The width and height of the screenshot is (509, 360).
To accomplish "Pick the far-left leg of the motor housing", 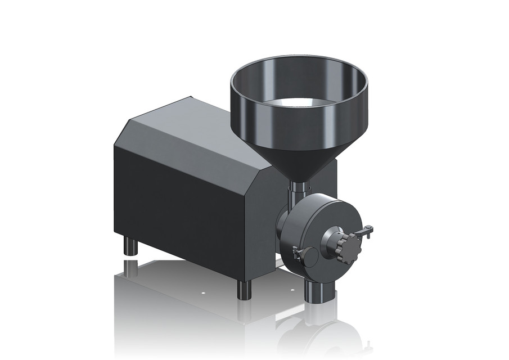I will (130, 246).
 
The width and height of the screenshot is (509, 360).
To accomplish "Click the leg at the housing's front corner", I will (244, 289).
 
